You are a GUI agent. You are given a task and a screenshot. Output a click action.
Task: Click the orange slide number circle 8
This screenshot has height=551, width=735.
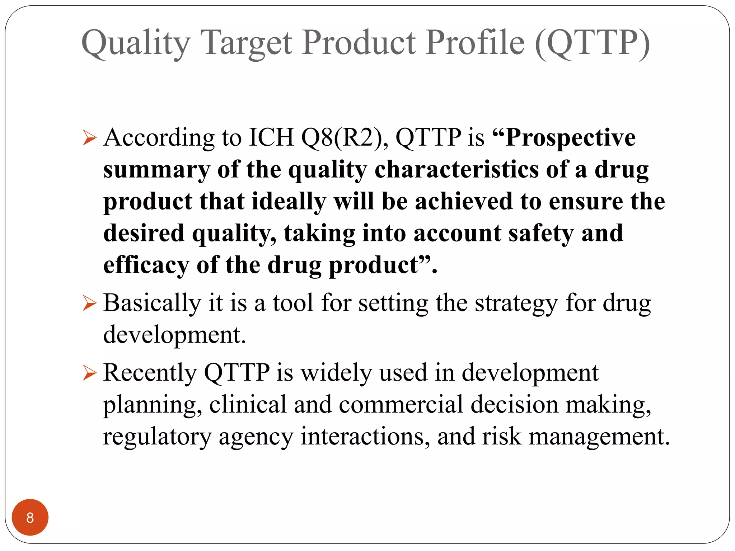(30, 517)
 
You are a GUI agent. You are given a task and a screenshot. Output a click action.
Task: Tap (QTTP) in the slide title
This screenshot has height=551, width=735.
(592, 43)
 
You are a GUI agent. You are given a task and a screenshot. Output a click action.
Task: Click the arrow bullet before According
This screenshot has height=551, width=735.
(89, 138)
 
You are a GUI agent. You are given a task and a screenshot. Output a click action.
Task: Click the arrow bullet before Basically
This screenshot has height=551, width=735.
(89, 303)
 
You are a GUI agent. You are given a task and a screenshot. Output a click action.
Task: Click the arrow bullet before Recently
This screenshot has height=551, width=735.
(89, 373)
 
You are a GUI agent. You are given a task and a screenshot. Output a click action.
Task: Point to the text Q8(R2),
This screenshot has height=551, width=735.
(345, 138)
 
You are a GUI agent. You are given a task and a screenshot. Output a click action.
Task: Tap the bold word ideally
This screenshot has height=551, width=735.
(289, 202)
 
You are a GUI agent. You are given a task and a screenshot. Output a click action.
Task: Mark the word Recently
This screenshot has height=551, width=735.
(150, 373)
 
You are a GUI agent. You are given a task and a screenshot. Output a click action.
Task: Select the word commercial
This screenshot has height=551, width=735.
(401, 405)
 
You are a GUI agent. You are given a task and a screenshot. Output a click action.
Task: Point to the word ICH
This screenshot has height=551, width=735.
(271, 138)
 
